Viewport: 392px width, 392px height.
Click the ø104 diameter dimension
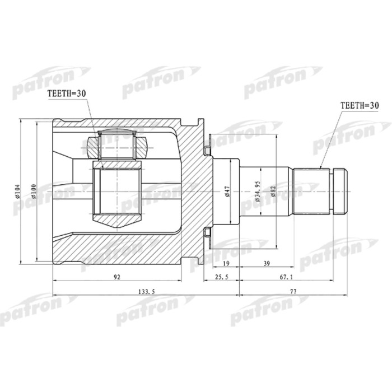coord(18,192)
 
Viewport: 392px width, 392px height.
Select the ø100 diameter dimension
coord(34,192)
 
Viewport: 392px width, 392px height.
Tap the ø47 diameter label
coord(227,192)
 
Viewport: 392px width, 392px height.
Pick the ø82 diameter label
coord(273,192)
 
